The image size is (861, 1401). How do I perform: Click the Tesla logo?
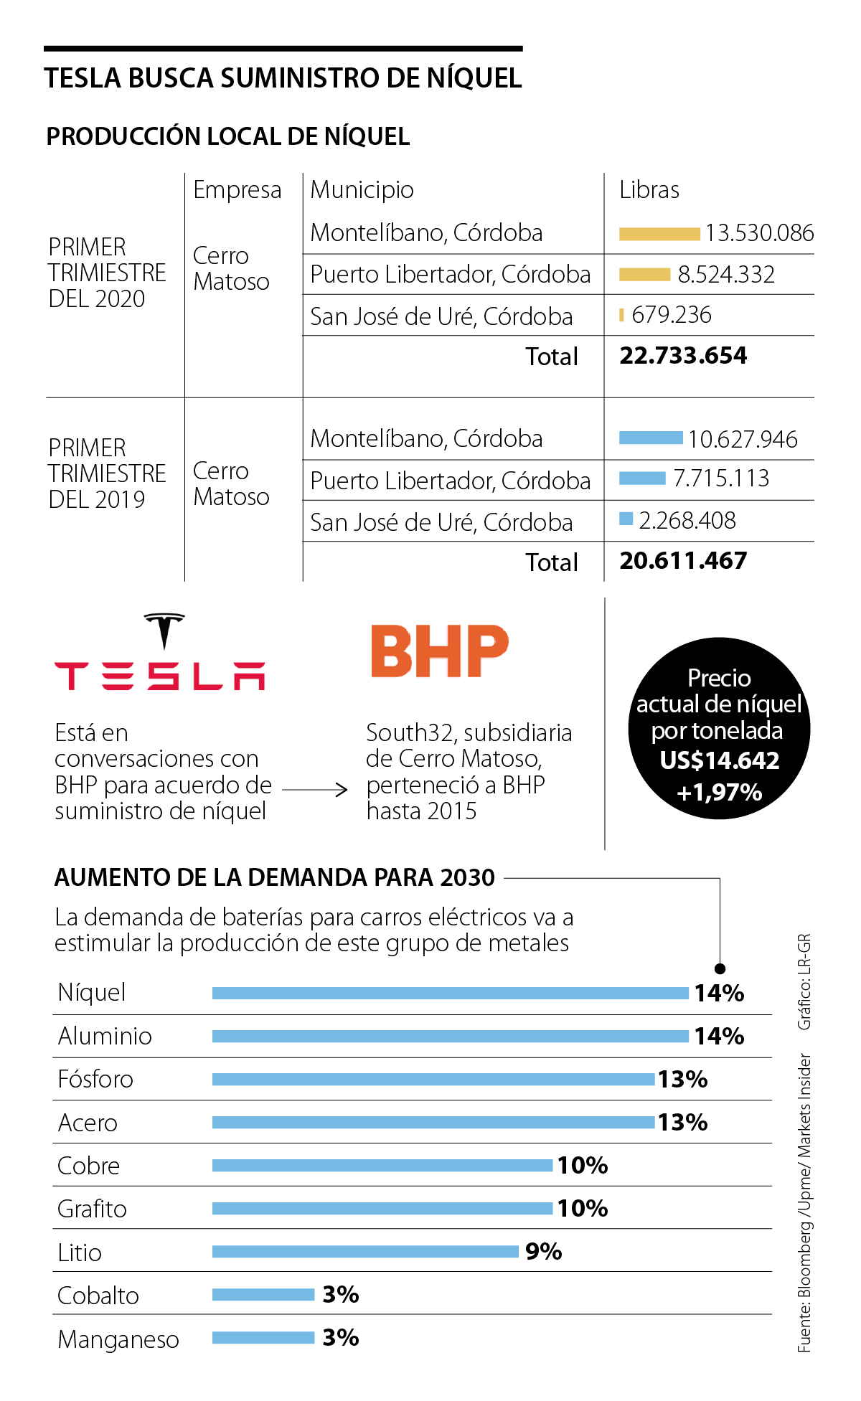click(x=160, y=653)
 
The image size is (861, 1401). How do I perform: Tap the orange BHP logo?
click(x=439, y=651)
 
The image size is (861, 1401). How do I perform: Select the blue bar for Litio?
click(x=365, y=1251)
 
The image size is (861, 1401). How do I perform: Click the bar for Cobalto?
click(x=263, y=1294)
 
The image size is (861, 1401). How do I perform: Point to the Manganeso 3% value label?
click(x=341, y=1337)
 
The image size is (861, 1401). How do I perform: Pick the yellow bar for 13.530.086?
click(x=659, y=234)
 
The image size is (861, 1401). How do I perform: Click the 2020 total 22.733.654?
click(x=683, y=356)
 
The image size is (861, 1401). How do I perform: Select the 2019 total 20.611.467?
click(x=683, y=561)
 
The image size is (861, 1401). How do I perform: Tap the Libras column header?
click(x=649, y=190)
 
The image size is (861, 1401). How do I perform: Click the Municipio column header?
click(x=362, y=190)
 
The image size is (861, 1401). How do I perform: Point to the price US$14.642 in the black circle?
click(x=720, y=760)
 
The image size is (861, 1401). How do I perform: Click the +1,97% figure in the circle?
click(x=720, y=793)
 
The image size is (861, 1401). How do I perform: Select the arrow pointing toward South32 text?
click(x=316, y=790)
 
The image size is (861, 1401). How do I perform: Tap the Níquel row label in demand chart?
click(x=92, y=993)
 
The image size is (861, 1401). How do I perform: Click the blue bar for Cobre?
click(x=382, y=1165)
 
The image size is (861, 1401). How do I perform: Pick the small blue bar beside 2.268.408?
click(x=626, y=519)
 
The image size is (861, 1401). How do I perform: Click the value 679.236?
click(x=672, y=315)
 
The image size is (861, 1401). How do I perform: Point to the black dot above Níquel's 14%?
click(x=720, y=968)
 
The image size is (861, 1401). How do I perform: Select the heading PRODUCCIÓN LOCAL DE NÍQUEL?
click(x=228, y=136)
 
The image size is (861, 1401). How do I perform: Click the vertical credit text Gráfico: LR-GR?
click(x=804, y=981)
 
